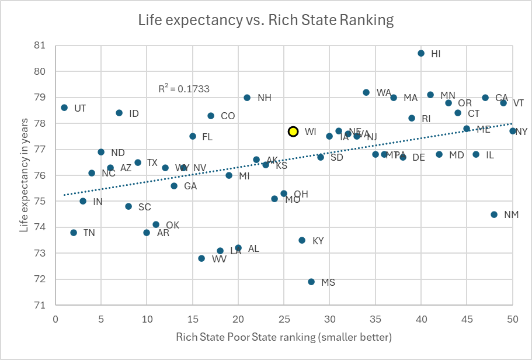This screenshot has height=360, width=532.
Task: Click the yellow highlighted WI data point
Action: click(293, 131)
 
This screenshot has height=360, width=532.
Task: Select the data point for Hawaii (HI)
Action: click(421, 53)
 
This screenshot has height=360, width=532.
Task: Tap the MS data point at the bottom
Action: click(311, 282)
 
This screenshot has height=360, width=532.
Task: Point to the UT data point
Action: click(64, 108)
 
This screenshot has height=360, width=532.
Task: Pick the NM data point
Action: click(494, 214)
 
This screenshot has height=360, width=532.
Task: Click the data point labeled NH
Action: click(247, 98)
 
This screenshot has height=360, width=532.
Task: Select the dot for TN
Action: click(74, 233)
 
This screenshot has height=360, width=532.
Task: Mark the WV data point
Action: click(201, 258)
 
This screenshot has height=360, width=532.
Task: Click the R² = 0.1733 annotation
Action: click(184, 89)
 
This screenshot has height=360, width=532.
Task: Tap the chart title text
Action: click(266, 20)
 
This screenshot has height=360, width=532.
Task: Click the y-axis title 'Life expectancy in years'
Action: click(24, 173)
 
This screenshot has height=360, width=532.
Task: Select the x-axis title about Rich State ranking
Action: click(284, 338)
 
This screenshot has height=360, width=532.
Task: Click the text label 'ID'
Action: click(134, 113)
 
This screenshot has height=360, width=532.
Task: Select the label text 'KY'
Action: click(318, 241)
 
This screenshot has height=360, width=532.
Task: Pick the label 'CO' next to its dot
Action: click(228, 116)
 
